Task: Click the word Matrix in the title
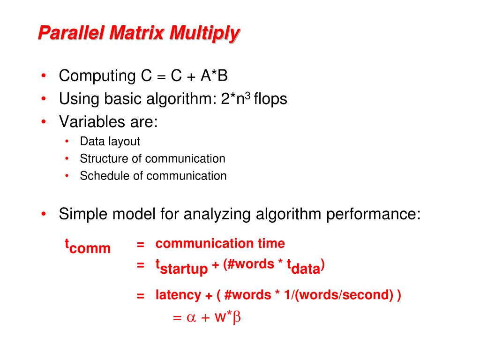click(x=136, y=32)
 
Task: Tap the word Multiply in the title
click(x=205, y=34)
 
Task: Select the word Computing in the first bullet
click(x=97, y=76)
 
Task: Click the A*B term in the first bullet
click(x=214, y=75)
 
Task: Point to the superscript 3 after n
click(x=247, y=96)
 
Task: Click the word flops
click(x=270, y=99)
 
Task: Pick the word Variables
click(x=92, y=121)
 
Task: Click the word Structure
click(x=104, y=158)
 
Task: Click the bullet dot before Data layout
click(x=67, y=142)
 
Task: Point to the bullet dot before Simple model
click(x=44, y=213)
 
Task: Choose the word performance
click(x=373, y=214)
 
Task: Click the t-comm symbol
click(x=88, y=246)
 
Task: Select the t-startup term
click(x=181, y=267)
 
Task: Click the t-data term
click(x=303, y=266)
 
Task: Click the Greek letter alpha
click(x=191, y=317)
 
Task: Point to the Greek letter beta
click(x=237, y=318)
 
